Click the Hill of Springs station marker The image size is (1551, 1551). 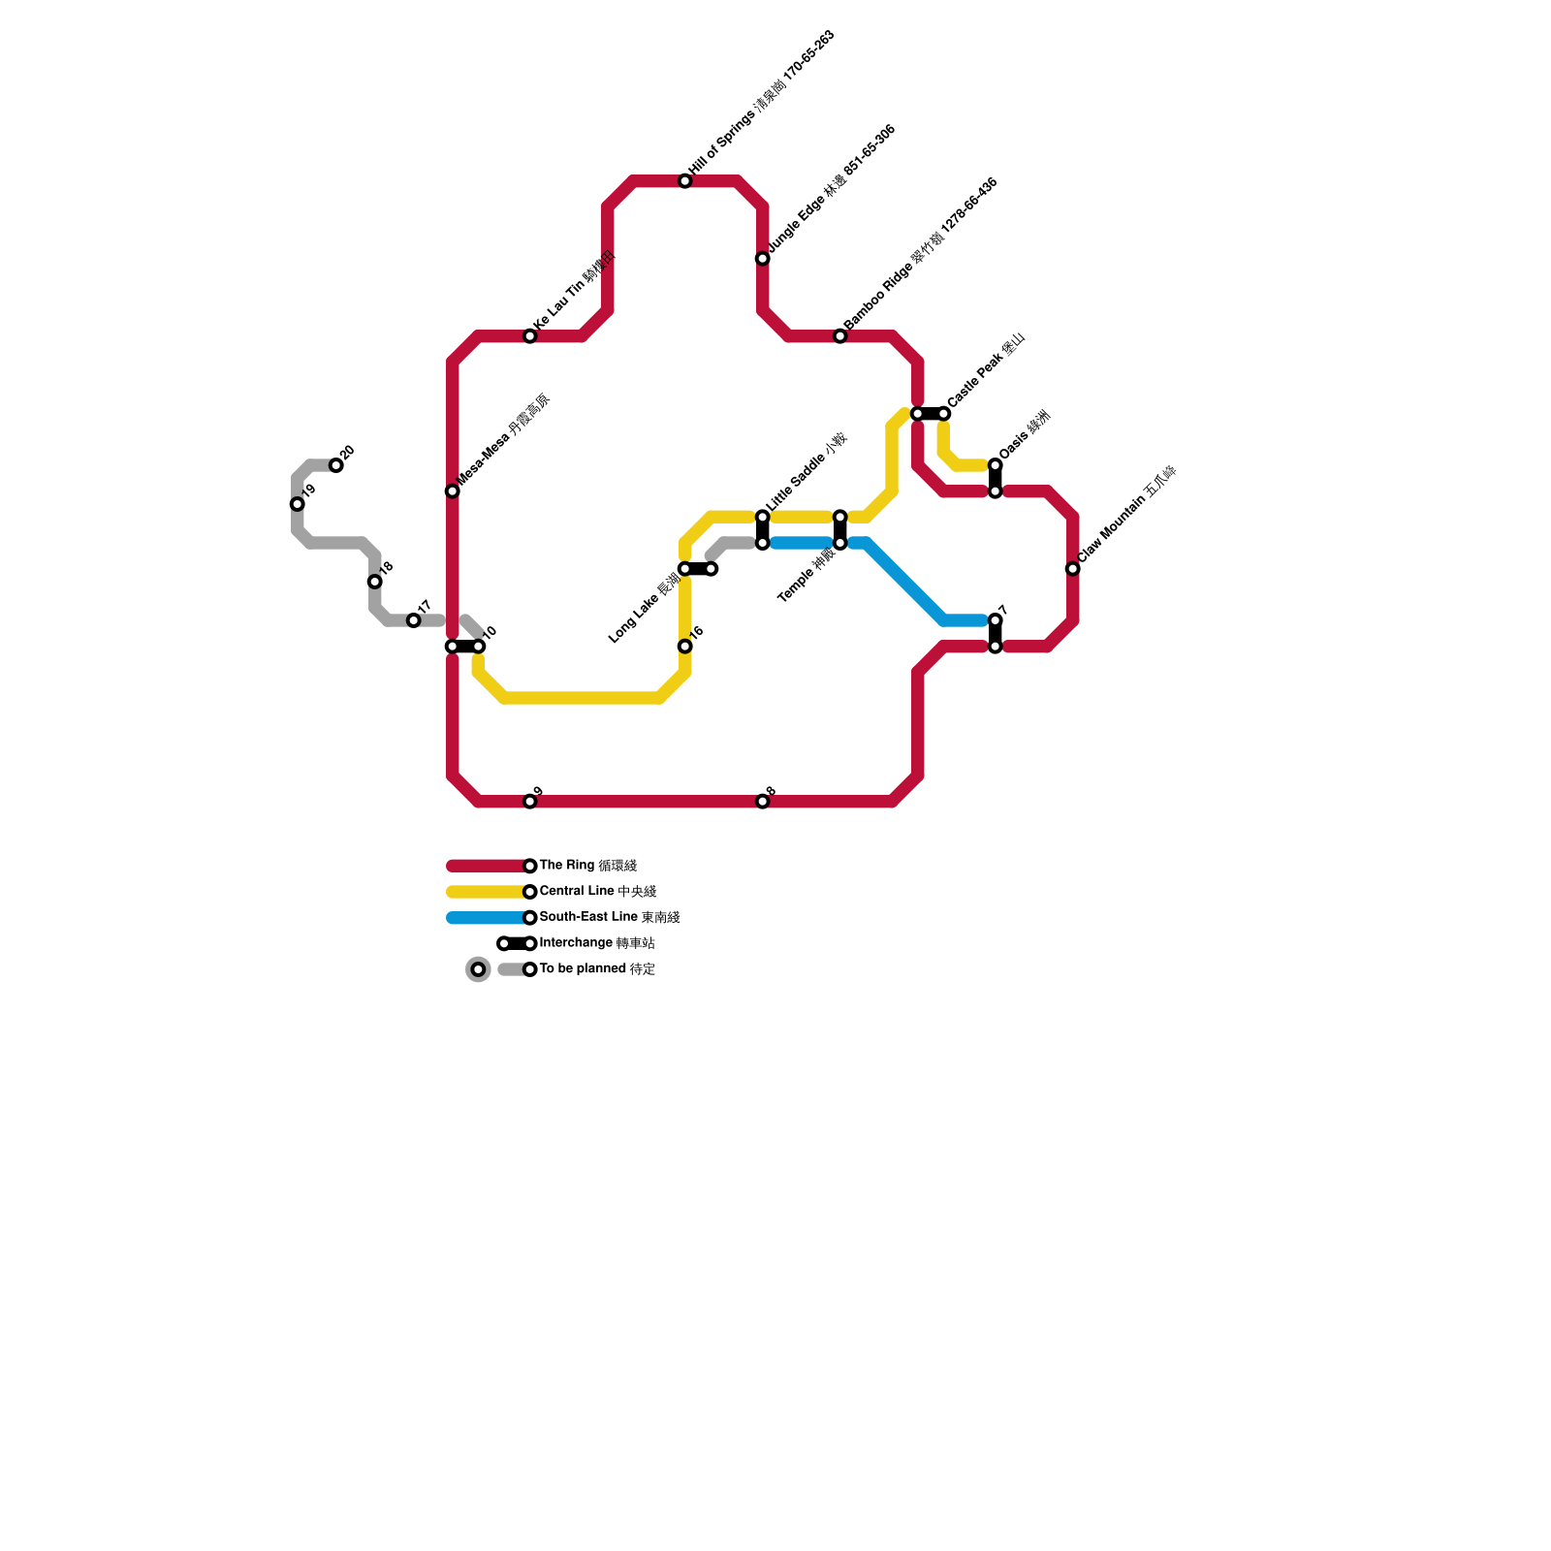685,181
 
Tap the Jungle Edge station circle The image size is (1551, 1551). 763,259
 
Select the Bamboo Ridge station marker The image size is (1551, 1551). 840,336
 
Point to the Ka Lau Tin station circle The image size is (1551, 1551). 530,336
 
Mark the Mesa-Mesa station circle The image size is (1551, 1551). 453,491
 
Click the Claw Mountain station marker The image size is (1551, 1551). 1073,569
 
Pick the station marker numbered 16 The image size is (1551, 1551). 685,647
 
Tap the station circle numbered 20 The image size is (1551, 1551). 336,465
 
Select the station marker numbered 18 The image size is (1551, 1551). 375,582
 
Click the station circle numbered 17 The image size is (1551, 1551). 414,620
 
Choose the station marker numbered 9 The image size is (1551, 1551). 530,802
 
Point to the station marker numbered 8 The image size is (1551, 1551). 763,802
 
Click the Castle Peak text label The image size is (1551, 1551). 986,370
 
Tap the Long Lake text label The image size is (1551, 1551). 645,612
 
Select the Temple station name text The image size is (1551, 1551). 807,576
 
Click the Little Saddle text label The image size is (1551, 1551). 807,472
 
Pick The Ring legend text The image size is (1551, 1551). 587,866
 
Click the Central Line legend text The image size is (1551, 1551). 597,892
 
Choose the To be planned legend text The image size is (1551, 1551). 597,969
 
